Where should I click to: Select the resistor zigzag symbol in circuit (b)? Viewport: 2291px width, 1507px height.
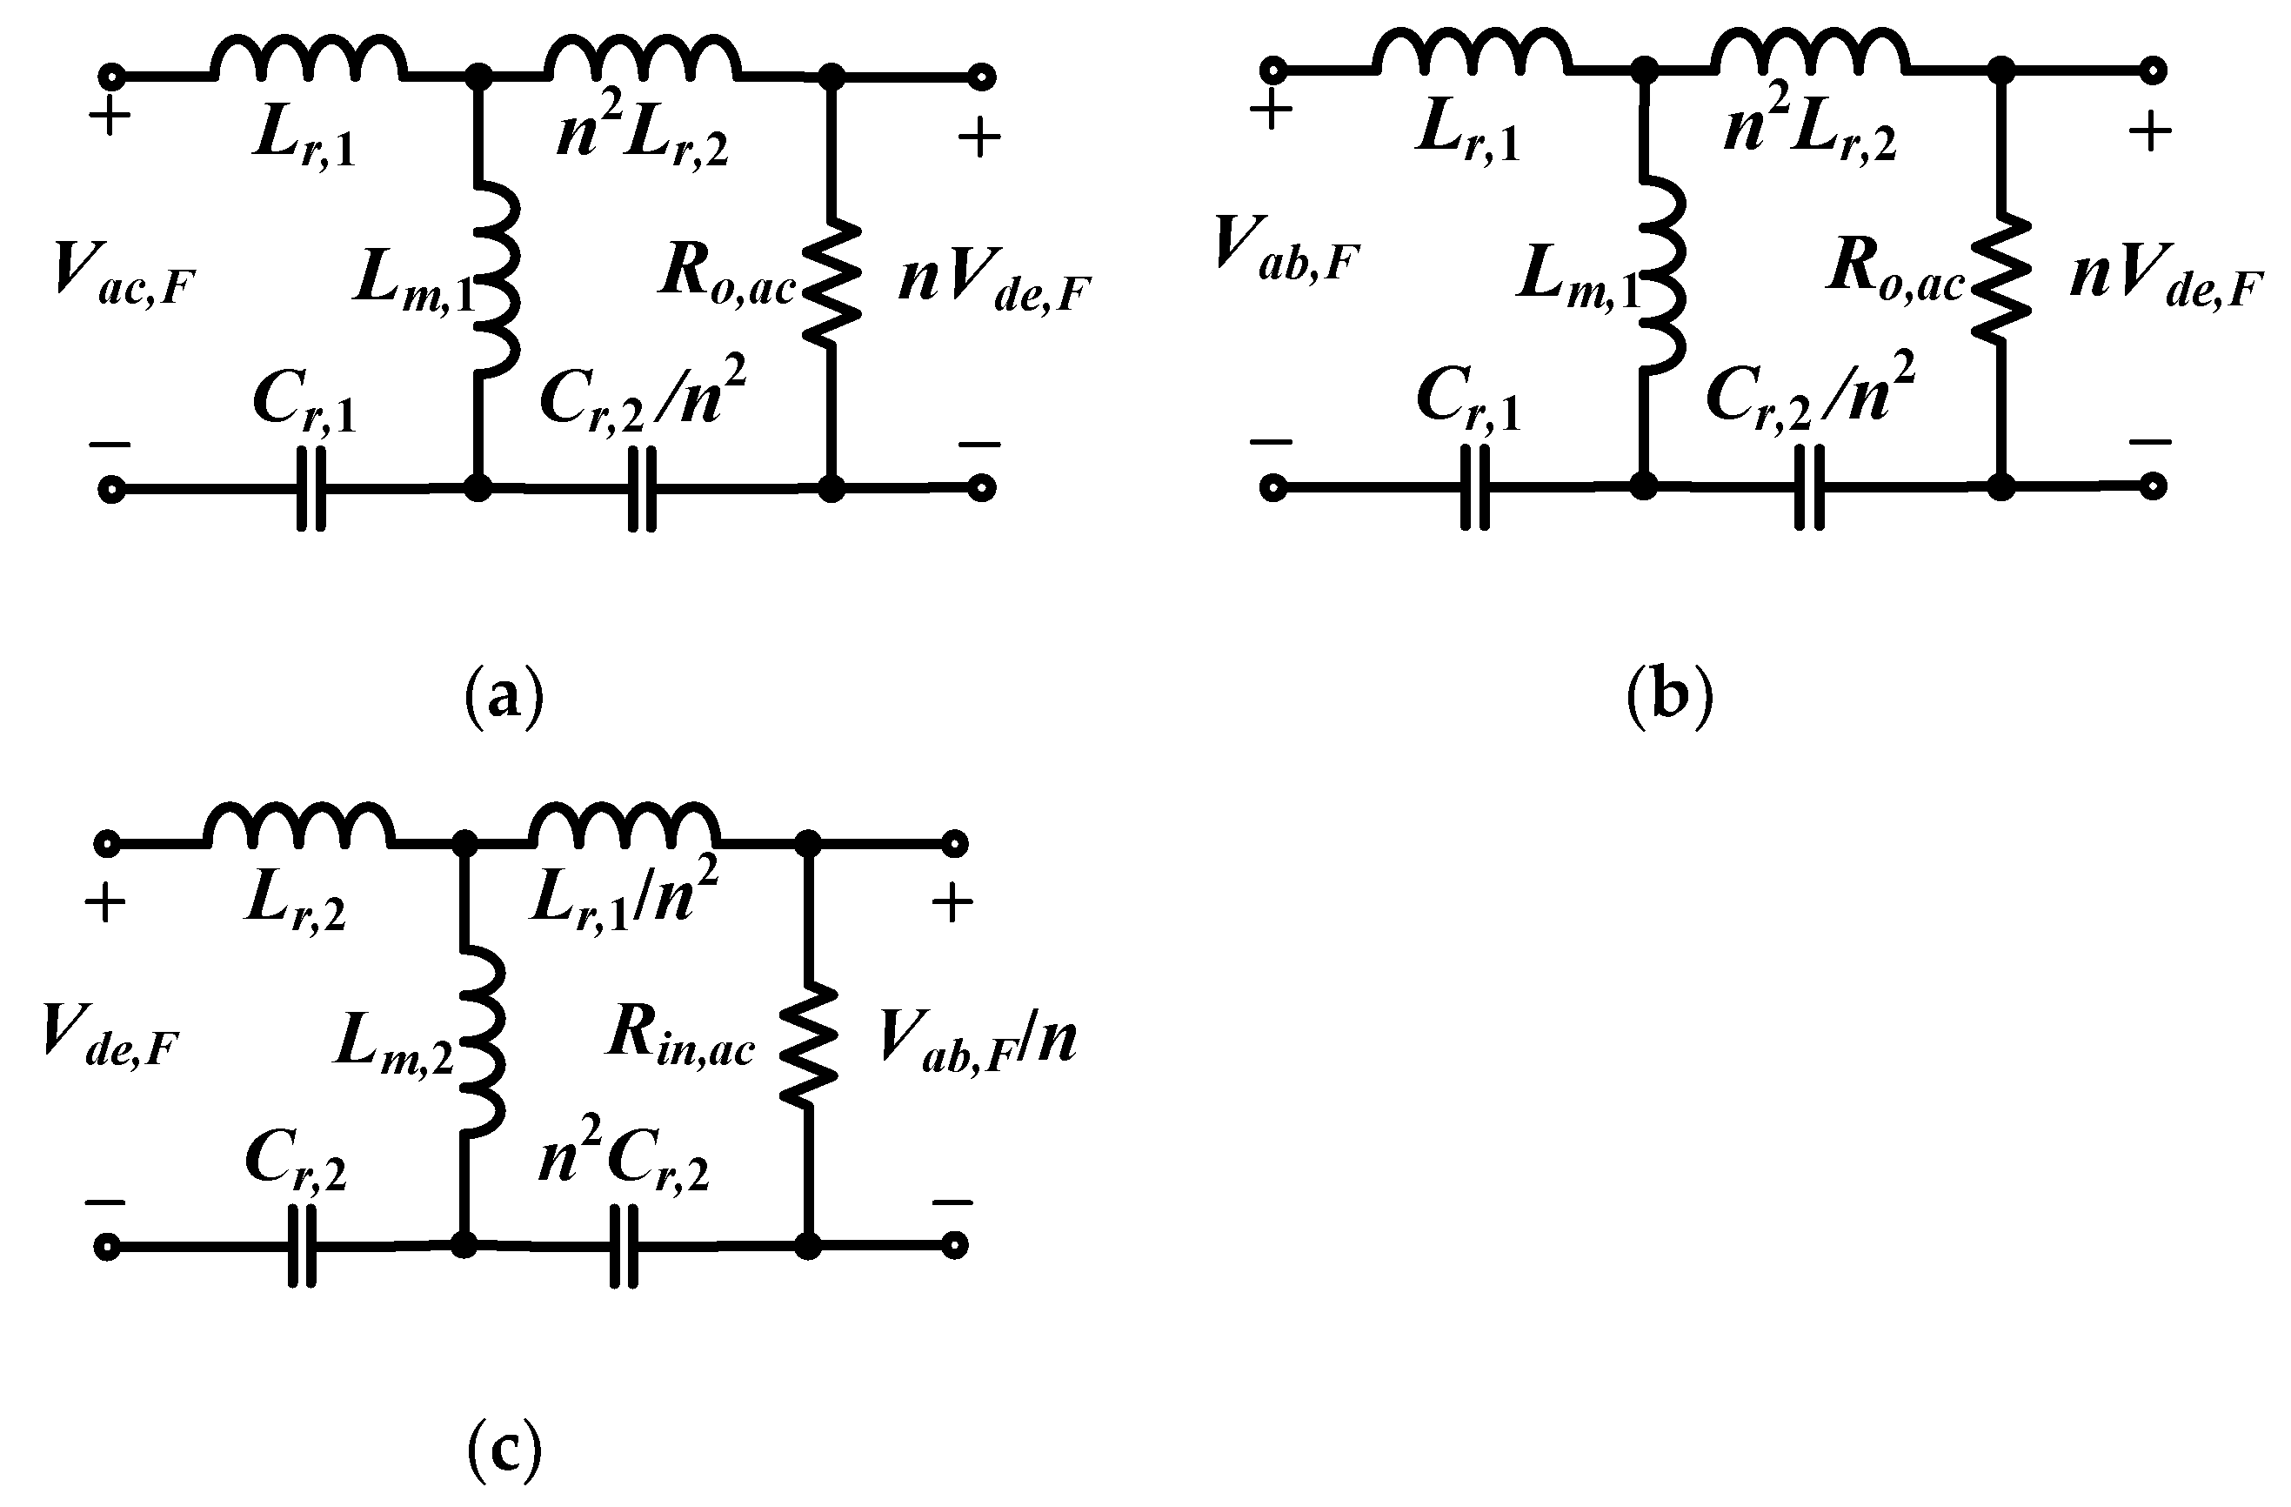2000,279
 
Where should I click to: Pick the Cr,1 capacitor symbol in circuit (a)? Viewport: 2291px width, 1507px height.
310,488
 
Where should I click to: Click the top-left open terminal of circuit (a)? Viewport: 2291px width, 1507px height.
111,76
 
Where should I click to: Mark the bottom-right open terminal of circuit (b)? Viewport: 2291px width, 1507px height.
2154,486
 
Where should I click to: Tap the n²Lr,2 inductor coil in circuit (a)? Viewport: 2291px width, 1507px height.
643,57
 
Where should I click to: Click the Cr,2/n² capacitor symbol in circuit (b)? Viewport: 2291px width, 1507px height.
1809,487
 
